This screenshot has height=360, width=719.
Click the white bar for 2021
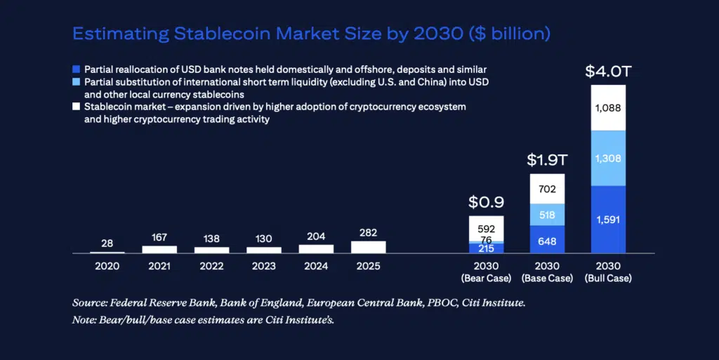click(x=159, y=249)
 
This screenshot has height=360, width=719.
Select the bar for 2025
click(x=368, y=247)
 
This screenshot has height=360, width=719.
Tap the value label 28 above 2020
click(x=107, y=243)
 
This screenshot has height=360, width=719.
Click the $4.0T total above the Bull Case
click(x=608, y=72)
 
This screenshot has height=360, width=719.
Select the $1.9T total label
click(x=547, y=160)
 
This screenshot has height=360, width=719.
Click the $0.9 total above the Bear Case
click(x=486, y=203)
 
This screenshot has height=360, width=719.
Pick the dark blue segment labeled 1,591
click(x=608, y=219)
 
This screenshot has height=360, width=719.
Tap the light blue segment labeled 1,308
click(x=608, y=159)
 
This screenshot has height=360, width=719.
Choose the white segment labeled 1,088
click(x=608, y=108)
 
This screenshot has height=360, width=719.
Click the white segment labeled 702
click(x=547, y=189)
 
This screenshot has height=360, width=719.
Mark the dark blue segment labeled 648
click(x=547, y=239)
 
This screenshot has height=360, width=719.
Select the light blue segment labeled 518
click(x=547, y=215)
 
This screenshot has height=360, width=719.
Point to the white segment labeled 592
click(x=486, y=228)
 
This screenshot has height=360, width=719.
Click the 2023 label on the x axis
click(x=264, y=267)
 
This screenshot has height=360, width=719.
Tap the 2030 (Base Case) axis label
click(x=547, y=272)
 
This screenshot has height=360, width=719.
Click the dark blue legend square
click(x=77, y=70)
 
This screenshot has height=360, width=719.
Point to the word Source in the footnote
click(x=88, y=304)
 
